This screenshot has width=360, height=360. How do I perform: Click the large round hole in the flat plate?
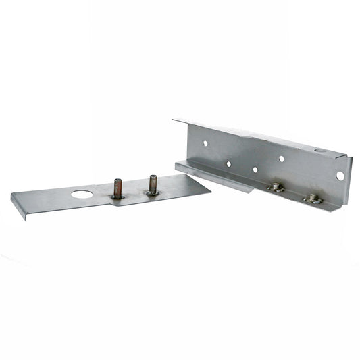tap(82, 195)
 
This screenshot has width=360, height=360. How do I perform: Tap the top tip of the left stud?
tap(118, 181)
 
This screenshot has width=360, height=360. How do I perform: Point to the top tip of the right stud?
tap(153, 178)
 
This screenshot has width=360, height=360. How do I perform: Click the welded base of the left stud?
tap(118, 197)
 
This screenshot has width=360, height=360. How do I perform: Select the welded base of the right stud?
tap(153, 193)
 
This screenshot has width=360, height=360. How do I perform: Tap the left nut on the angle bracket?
tap(276, 188)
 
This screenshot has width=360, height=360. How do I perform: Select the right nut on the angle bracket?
tap(311, 198)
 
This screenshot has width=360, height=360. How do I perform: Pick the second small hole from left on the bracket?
tap(229, 163)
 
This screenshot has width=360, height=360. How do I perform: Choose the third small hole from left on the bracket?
tap(255, 170)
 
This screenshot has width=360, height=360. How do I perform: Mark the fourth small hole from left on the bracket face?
tap(281, 159)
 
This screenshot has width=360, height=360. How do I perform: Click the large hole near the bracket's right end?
tap(340, 176)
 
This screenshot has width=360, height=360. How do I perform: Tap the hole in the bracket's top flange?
tap(318, 150)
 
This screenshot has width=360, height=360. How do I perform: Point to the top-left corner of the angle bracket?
tap(174, 120)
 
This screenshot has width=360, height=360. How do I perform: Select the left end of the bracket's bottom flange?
tap(177, 165)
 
